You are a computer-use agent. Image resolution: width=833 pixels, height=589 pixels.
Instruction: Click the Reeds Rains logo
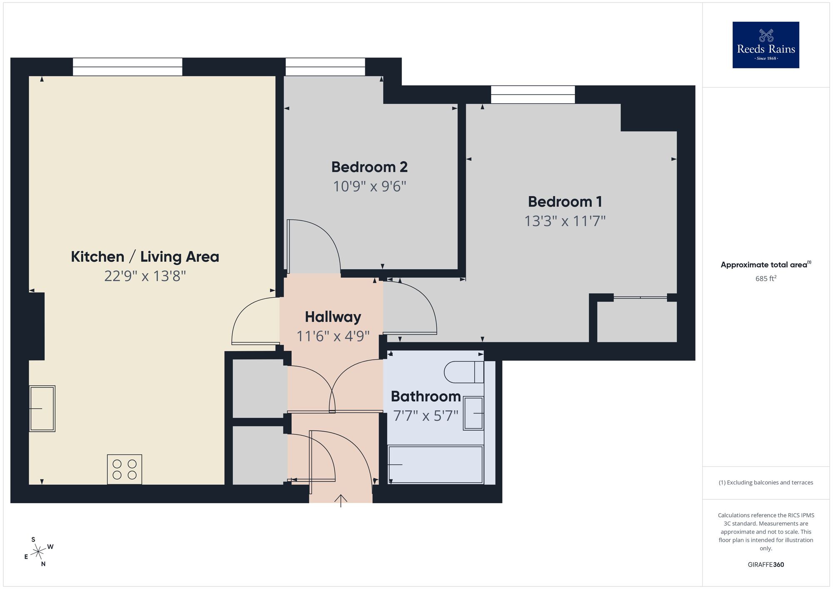(x=766, y=45)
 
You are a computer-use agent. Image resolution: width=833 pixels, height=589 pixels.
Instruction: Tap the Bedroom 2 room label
(x=369, y=167)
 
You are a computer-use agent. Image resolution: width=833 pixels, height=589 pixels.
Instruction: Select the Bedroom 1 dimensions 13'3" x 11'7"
(x=564, y=221)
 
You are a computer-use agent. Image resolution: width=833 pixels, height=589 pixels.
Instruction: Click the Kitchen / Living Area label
(x=145, y=257)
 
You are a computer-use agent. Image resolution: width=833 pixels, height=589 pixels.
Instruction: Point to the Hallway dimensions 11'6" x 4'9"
(x=333, y=336)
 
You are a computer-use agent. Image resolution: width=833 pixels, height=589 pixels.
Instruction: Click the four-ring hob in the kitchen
(x=125, y=469)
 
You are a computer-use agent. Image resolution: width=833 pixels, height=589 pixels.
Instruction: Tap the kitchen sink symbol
(x=42, y=408)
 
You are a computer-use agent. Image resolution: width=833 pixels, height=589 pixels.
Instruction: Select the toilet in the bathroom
(x=464, y=372)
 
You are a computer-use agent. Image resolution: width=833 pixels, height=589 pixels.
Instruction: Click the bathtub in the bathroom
(x=435, y=464)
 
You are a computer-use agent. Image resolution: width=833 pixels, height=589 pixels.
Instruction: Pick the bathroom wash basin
(x=474, y=413)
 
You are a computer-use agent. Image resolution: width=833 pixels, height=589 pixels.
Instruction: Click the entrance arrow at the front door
(x=341, y=500)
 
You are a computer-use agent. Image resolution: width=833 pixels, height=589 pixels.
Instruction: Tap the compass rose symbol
(x=38, y=552)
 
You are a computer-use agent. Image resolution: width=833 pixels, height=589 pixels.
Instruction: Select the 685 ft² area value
(x=766, y=278)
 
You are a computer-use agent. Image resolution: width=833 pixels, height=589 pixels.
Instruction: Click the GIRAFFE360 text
(x=766, y=564)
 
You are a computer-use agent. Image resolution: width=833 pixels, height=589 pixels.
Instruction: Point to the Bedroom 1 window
(x=533, y=95)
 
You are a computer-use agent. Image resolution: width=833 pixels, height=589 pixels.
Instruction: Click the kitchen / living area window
(x=127, y=67)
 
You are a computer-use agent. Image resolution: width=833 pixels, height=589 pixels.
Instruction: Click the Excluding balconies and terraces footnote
(x=766, y=482)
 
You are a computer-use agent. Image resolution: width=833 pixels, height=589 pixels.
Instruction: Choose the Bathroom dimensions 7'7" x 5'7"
(x=426, y=416)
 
